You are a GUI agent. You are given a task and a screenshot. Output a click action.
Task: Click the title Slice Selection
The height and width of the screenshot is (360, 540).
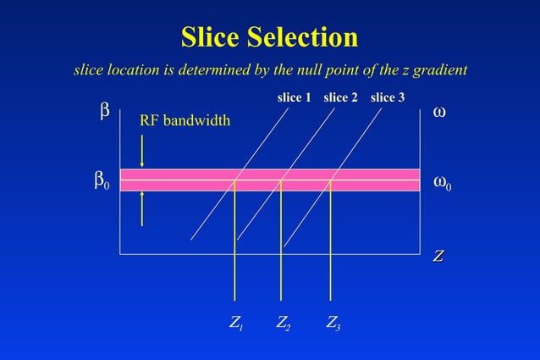(269, 37)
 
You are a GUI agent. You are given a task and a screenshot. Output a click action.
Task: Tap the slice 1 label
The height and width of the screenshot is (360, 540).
(295, 97)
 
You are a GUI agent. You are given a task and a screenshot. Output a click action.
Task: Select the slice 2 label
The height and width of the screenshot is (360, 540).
(342, 97)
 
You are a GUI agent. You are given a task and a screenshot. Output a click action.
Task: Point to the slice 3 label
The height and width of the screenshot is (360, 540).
(388, 97)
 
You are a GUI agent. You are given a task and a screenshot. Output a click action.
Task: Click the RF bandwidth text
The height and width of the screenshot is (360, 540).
(185, 121)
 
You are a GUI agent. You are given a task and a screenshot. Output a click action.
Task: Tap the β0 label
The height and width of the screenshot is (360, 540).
(101, 181)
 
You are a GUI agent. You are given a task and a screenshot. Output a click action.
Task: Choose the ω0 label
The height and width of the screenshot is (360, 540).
(443, 181)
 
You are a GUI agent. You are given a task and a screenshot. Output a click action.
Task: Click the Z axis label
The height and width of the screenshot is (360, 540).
(439, 255)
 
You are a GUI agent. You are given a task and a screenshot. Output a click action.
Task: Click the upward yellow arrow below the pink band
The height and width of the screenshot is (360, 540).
(141, 208)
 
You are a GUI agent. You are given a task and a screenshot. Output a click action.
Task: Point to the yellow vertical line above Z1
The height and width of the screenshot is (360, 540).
(234, 254)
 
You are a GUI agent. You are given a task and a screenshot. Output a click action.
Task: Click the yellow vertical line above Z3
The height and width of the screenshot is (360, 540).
(330, 254)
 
